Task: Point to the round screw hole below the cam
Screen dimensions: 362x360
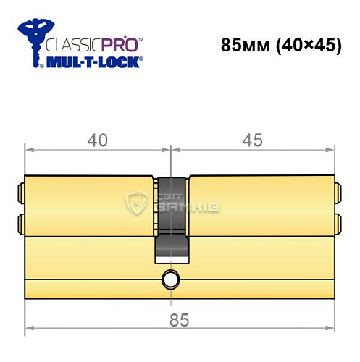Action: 171,278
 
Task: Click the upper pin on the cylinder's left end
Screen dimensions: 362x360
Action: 20,195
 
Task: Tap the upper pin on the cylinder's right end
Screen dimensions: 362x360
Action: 338,195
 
